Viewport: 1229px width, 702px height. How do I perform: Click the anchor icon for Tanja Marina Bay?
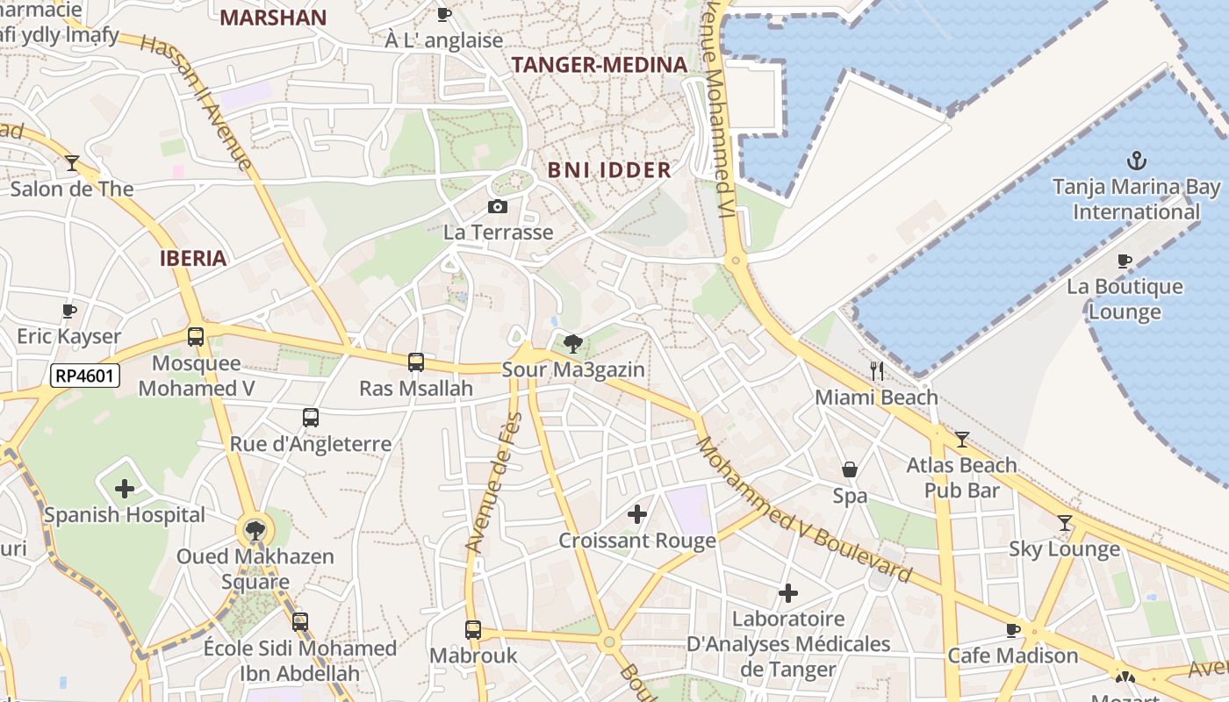[1137, 161]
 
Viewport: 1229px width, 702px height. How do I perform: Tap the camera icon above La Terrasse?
[498, 206]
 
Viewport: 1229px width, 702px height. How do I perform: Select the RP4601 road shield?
[84, 376]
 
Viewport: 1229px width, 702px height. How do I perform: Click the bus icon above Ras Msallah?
[416, 362]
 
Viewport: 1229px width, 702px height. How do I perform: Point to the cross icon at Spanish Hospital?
[125, 488]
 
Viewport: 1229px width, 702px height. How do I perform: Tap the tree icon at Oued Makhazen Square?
[255, 530]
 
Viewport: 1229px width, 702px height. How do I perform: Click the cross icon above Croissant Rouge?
[637, 514]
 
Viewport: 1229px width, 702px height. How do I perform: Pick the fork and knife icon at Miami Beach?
[875, 371]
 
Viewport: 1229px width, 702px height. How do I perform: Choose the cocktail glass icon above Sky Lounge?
[1065, 523]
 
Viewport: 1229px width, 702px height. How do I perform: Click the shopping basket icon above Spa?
[849, 469]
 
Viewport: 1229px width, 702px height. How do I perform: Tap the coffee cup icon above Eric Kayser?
[69, 311]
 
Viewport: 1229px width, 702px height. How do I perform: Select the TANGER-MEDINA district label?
[599, 65]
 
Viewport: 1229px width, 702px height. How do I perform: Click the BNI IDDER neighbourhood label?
[609, 170]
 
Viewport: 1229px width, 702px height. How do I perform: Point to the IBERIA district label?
[194, 258]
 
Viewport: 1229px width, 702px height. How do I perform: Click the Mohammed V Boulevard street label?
[802, 510]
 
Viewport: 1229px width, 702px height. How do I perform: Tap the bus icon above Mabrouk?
[473, 629]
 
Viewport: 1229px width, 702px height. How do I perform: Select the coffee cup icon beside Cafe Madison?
[1013, 629]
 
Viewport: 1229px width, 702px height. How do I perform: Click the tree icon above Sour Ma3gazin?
[573, 343]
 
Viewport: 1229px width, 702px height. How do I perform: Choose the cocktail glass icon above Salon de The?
[72, 162]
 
